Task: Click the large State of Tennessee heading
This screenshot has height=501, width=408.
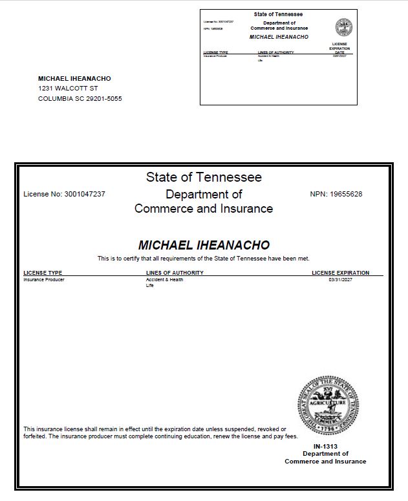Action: pos(204,177)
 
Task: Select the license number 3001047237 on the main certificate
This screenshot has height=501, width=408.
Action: pos(85,194)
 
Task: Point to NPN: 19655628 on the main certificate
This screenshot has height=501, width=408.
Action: pos(336,194)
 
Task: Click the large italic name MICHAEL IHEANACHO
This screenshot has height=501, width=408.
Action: pos(204,246)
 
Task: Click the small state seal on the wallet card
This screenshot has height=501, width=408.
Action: pos(343,27)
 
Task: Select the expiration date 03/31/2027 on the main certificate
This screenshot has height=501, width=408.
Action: pos(341,280)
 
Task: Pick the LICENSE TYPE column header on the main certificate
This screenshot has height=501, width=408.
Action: pos(43,273)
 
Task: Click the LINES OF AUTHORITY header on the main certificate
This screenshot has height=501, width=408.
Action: pos(175,273)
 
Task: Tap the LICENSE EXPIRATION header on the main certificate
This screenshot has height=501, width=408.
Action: pos(341,273)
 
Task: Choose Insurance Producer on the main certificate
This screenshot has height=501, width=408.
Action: pos(44,280)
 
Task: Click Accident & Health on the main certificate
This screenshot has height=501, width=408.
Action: pos(164,280)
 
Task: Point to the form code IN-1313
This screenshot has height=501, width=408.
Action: pos(325,447)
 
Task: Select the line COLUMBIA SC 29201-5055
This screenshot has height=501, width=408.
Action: pos(80,99)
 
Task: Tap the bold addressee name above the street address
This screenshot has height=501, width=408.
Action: pos(74,78)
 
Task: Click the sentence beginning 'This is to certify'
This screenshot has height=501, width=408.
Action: pos(204,259)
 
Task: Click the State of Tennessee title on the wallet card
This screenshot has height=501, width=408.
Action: pos(279,14)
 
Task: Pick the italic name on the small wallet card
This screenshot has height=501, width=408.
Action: pos(279,37)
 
